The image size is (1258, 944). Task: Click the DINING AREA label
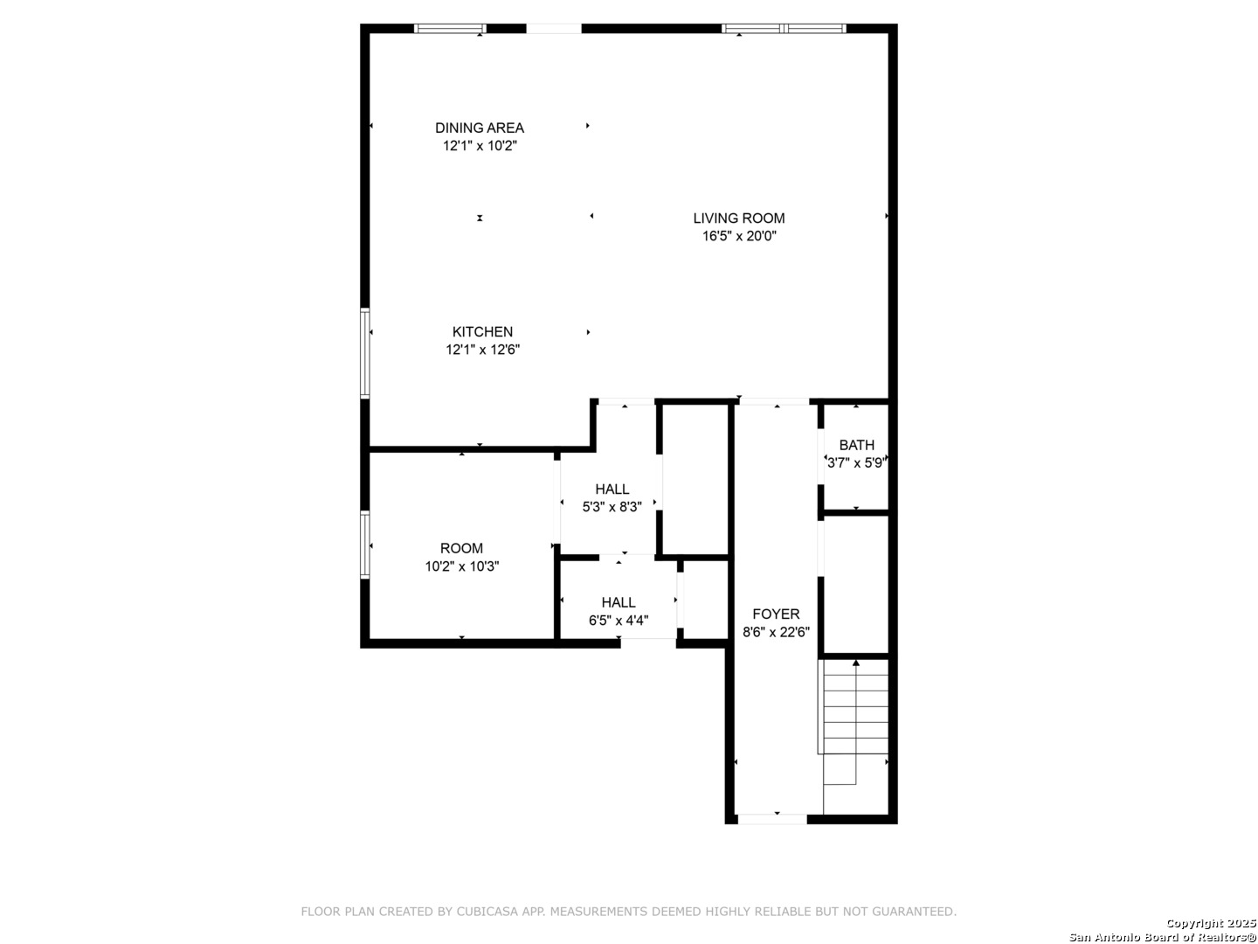(479, 128)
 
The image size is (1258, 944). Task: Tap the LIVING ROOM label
(739, 219)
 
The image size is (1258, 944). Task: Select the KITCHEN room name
(482, 332)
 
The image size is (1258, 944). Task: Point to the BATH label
(857, 446)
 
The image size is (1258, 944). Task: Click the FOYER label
(776, 614)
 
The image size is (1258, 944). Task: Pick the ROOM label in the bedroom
(461, 549)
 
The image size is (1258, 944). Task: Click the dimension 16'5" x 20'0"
(739, 236)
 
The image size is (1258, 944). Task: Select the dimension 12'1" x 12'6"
(482, 350)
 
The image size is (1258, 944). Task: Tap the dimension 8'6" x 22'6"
(776, 632)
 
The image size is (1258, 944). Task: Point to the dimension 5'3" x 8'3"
(612, 507)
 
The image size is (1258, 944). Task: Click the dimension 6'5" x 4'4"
(619, 621)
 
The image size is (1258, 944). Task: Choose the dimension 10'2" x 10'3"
(462, 567)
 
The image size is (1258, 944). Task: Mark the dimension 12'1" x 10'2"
(480, 146)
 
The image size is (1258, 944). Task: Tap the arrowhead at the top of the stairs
(856, 663)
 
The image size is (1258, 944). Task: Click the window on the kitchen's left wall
(364, 353)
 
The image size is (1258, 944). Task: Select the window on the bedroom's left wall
(364, 545)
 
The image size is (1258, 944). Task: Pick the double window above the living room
(784, 29)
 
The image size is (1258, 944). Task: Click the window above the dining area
(451, 29)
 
